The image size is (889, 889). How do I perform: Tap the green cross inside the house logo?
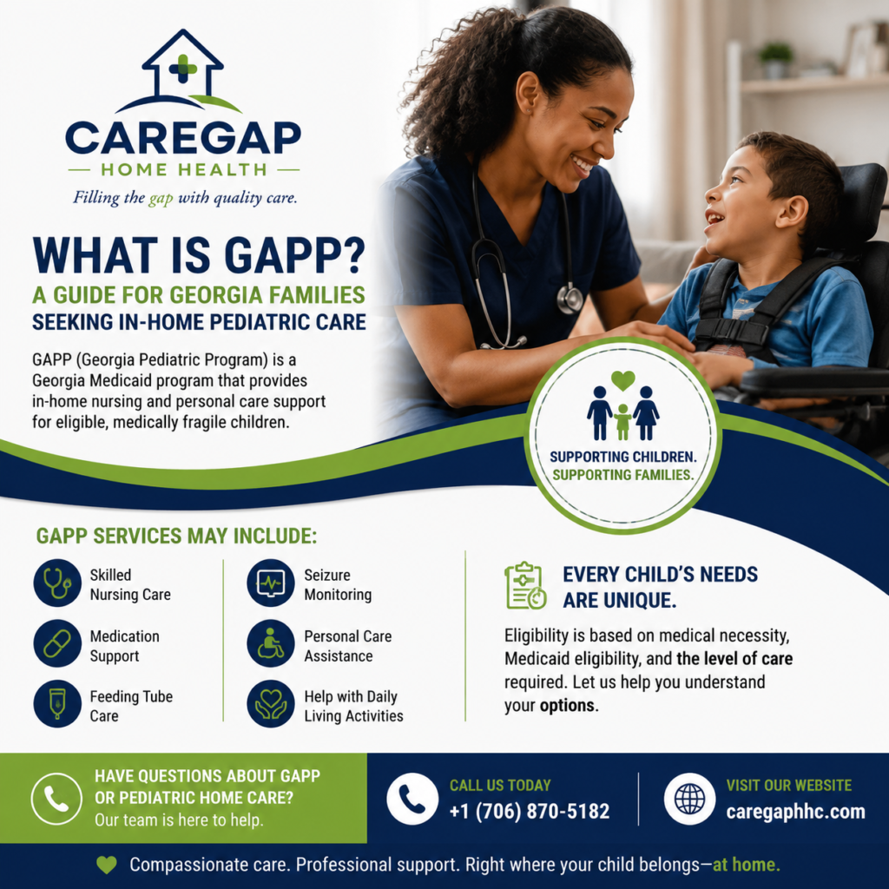tap(183, 69)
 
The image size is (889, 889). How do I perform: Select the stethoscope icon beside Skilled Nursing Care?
tap(57, 583)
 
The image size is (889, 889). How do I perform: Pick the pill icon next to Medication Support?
tap(57, 643)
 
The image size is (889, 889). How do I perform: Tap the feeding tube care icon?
tap(57, 703)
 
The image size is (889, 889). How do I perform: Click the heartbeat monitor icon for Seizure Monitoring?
tap(271, 583)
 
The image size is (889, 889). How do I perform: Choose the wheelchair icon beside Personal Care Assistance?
tap(271, 643)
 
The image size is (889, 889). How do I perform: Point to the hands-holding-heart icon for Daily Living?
tap(271, 703)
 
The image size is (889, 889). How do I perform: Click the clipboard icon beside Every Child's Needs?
tap(525, 586)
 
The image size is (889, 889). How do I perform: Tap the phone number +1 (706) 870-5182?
tap(530, 812)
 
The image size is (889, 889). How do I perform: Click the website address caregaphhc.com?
tap(796, 812)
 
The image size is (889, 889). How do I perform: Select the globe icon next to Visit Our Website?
tap(690, 799)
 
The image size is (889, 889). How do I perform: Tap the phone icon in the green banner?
tap(56, 799)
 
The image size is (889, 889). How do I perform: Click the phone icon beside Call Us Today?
tap(412, 799)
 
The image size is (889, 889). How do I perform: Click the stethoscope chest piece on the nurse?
tap(570, 299)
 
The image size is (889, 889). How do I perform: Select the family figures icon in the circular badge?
tap(623, 406)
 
